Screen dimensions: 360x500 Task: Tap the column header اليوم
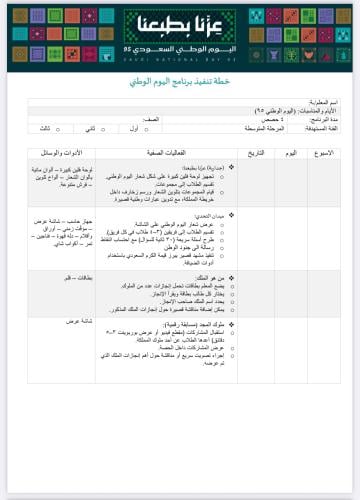coord(291,152)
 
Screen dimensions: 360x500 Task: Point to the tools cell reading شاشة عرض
coord(80,322)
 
